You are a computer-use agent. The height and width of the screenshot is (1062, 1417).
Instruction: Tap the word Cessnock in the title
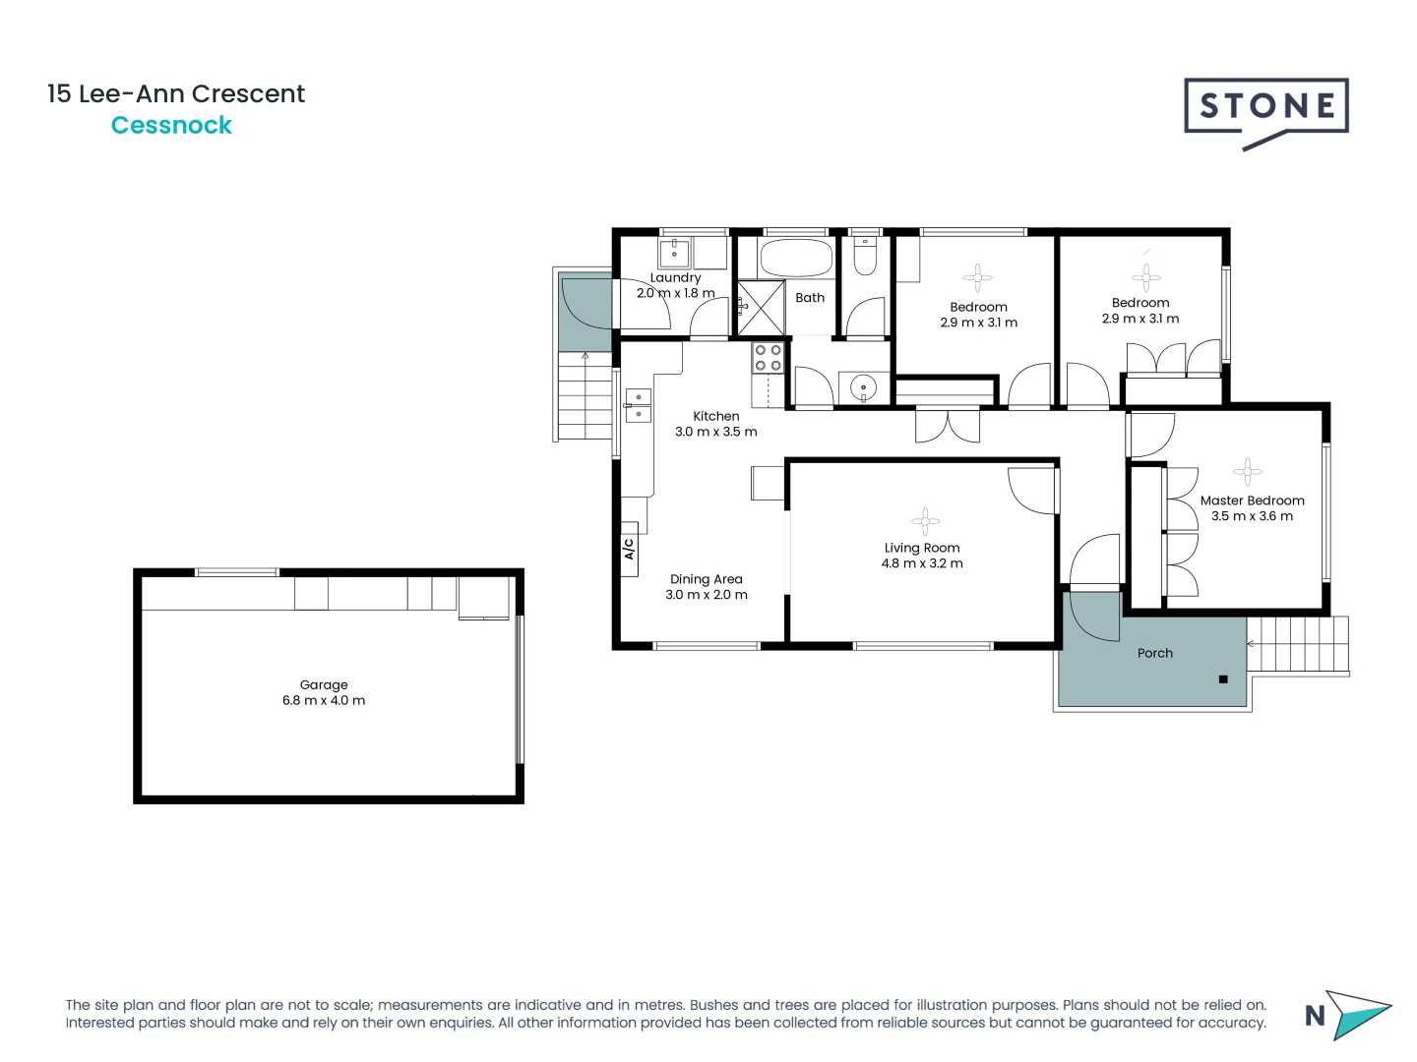171,126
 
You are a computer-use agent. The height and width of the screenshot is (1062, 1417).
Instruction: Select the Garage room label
324,685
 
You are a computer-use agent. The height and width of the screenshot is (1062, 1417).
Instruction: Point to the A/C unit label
629,549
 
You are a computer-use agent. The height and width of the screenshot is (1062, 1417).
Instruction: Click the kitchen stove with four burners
768,358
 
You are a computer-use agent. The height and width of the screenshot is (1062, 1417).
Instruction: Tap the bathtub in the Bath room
796,259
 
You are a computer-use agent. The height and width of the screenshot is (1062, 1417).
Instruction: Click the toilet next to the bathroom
865,257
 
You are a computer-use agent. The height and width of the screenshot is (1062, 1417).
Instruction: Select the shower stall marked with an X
761,307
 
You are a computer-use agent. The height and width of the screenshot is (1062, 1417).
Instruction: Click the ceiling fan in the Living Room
924,521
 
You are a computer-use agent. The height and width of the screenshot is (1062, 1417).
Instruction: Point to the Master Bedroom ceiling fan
1247,472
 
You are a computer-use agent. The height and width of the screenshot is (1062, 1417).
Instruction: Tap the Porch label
1154,653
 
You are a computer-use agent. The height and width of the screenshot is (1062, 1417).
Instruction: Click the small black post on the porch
1223,679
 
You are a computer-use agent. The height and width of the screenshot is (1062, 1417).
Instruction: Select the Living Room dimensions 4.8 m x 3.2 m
922,563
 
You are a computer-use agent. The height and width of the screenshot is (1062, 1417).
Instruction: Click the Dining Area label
706,579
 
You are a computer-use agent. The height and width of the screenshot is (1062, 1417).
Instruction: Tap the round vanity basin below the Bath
863,388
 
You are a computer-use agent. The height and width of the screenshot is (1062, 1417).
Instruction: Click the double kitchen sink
638,405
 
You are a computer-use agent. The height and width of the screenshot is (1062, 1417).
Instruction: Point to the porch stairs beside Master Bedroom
1297,644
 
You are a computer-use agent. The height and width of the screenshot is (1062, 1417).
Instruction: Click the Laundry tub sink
674,253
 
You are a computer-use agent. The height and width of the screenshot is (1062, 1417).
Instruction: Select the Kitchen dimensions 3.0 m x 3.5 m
715,432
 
